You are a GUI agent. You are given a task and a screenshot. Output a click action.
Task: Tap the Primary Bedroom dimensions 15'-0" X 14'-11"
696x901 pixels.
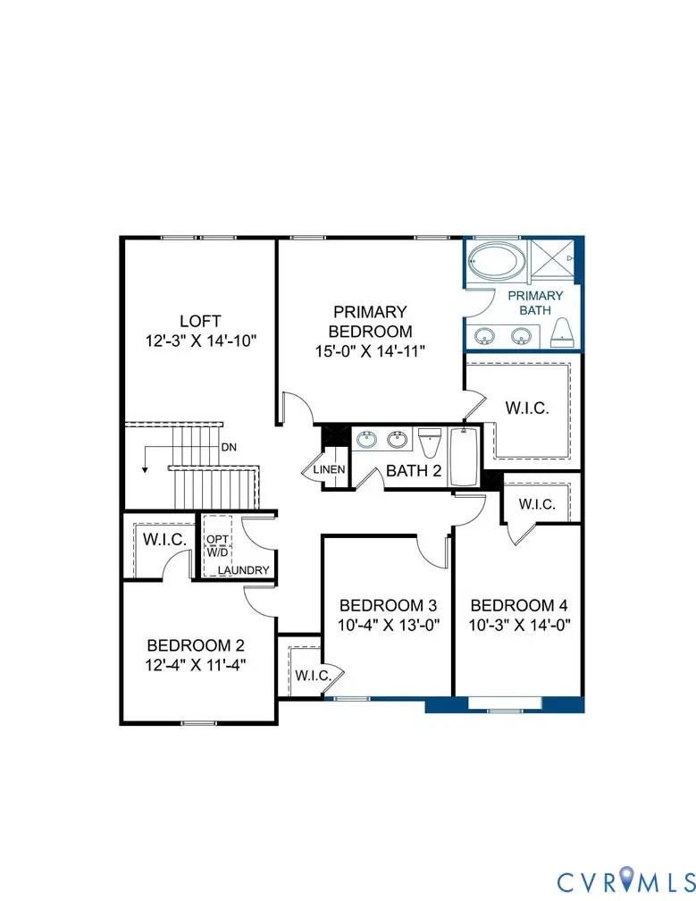(x=370, y=351)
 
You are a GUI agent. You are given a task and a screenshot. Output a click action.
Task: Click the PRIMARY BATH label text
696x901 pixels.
(x=536, y=303)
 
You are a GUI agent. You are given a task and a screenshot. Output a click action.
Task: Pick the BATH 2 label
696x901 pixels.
(x=414, y=471)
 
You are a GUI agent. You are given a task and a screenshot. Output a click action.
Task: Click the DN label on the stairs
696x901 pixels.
(x=229, y=447)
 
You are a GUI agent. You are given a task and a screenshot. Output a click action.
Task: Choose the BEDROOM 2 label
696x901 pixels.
(x=196, y=644)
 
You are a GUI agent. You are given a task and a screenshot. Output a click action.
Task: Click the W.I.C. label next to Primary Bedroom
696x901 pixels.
(x=526, y=407)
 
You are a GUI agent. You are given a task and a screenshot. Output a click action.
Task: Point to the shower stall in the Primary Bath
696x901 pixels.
(x=555, y=261)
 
